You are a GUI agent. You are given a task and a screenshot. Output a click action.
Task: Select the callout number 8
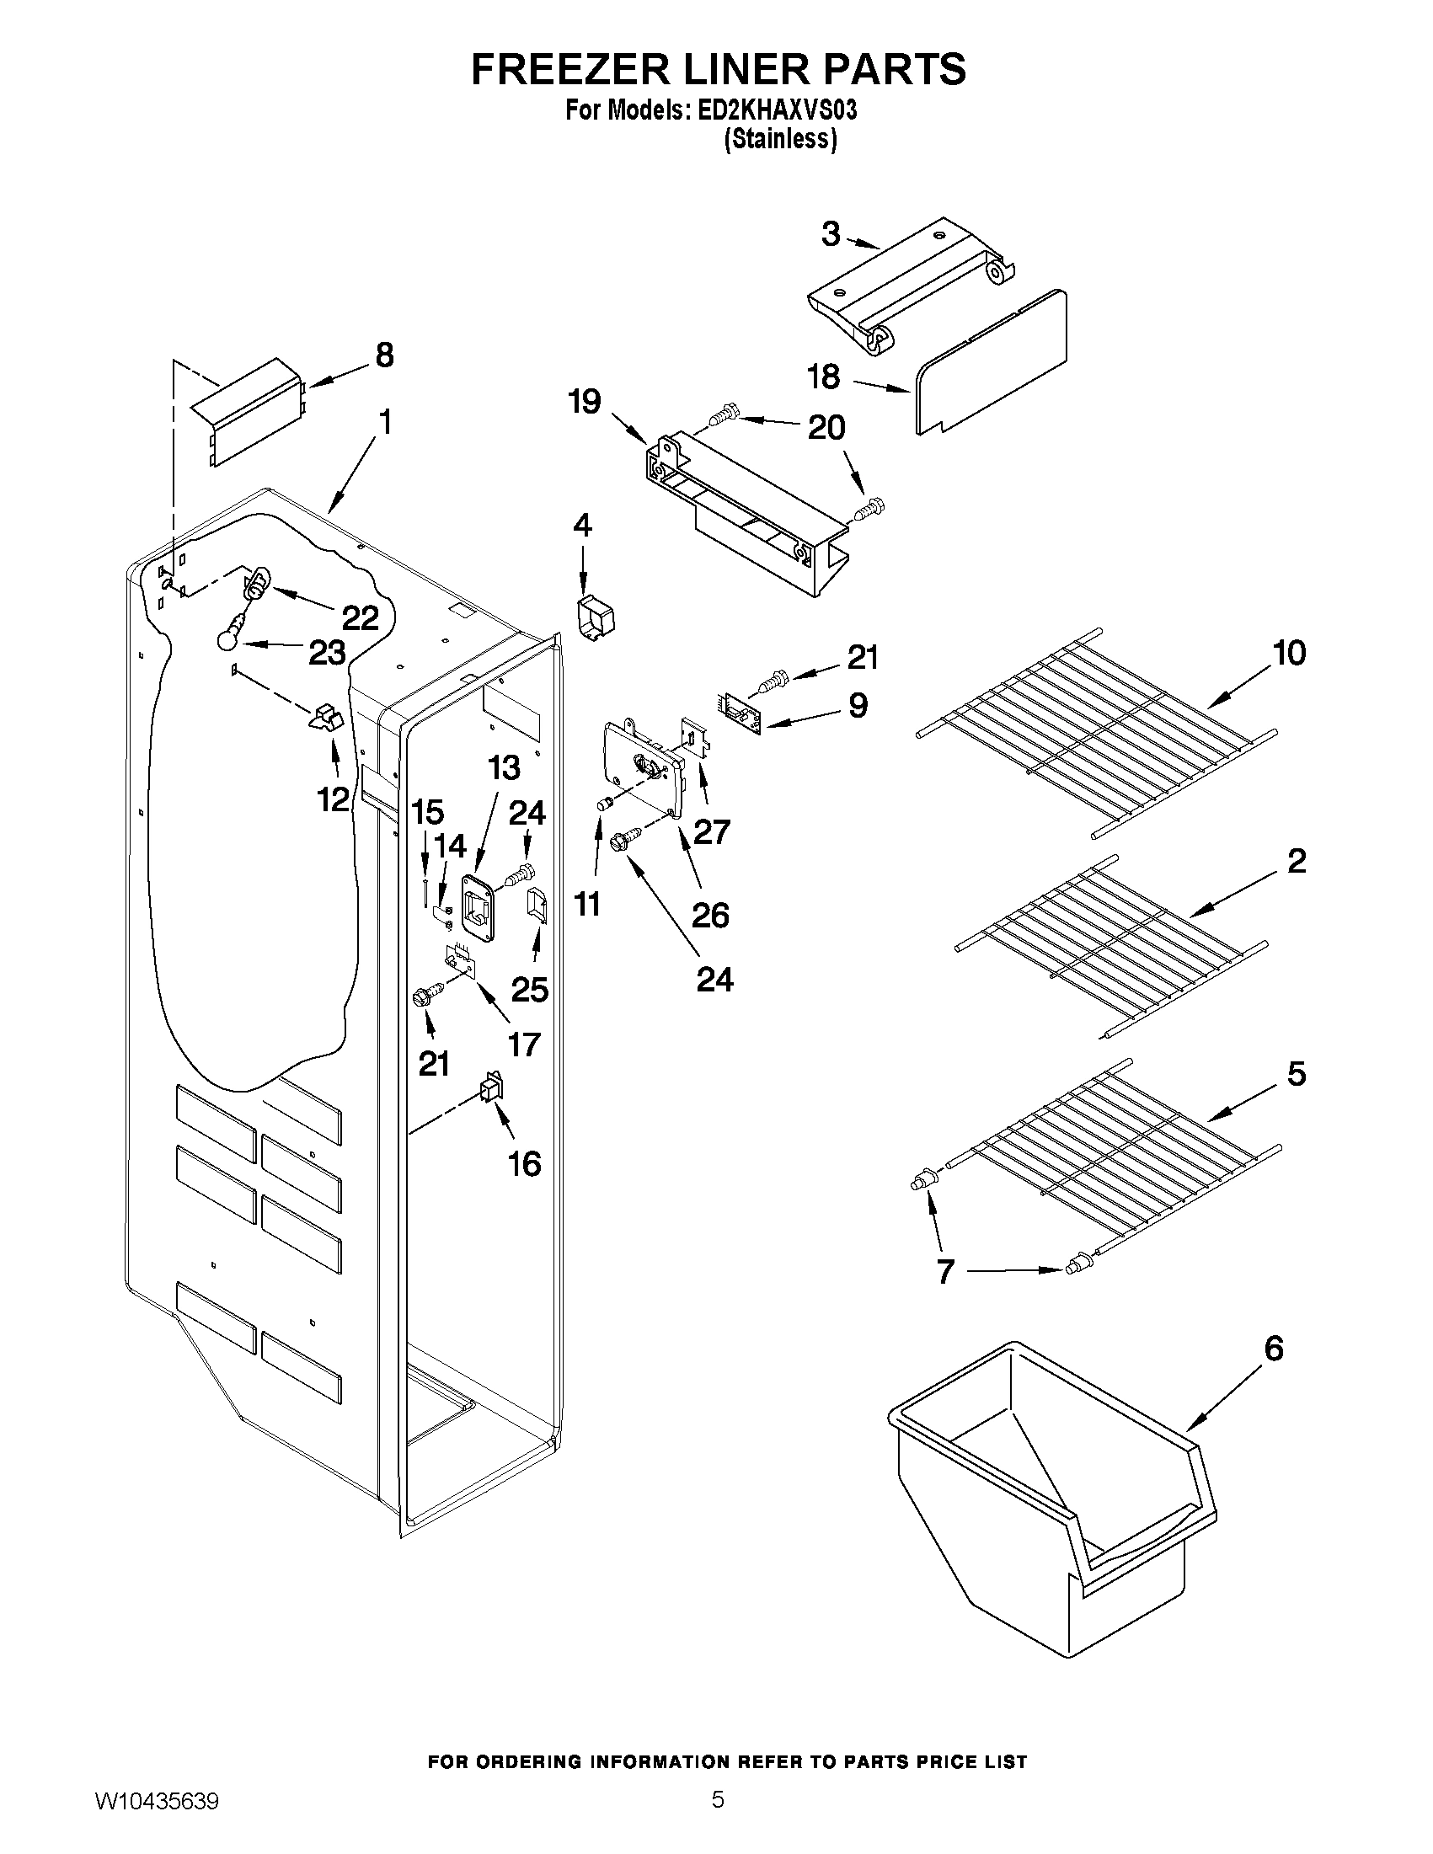tap(383, 355)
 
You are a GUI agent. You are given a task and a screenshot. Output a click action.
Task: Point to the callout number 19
tap(585, 401)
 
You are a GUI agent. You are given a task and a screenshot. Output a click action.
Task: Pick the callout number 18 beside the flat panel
tap(823, 376)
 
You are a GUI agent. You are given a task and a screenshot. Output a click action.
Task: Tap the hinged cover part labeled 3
tap(912, 289)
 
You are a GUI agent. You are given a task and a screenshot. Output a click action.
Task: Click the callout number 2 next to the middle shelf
tap(1297, 861)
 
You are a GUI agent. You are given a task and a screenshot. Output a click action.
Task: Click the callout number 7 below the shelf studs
tap(946, 1296)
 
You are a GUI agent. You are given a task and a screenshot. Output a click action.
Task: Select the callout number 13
tap(504, 768)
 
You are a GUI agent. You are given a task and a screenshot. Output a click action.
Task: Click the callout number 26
tap(709, 915)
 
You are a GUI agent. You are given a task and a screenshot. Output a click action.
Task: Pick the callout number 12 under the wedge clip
tap(334, 799)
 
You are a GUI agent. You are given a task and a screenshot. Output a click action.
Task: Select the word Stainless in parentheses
tap(780, 139)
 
